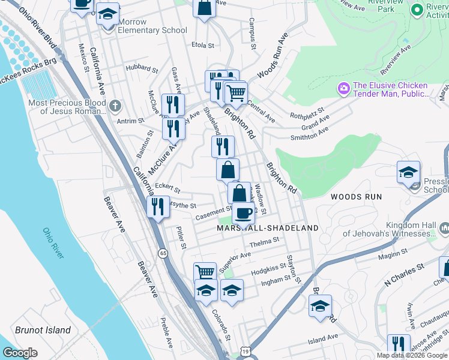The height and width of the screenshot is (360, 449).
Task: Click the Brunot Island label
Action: [x=43, y=330]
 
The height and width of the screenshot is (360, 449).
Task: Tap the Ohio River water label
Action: [x=53, y=244]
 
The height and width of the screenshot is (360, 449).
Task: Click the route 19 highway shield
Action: [x=245, y=350]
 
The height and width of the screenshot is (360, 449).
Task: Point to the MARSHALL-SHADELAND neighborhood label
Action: [x=268, y=229]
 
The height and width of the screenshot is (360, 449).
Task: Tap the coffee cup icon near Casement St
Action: [x=243, y=213]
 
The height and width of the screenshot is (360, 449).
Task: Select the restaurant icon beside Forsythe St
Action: [x=158, y=207]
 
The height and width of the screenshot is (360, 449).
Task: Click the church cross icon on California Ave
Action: [x=115, y=106]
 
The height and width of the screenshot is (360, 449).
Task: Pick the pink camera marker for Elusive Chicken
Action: [x=344, y=89]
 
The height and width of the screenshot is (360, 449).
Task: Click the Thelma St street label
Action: [x=265, y=242]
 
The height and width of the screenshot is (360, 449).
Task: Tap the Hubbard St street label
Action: [x=142, y=68]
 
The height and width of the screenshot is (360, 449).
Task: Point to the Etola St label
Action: [x=202, y=45]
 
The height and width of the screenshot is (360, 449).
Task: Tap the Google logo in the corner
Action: [x=20, y=353]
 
